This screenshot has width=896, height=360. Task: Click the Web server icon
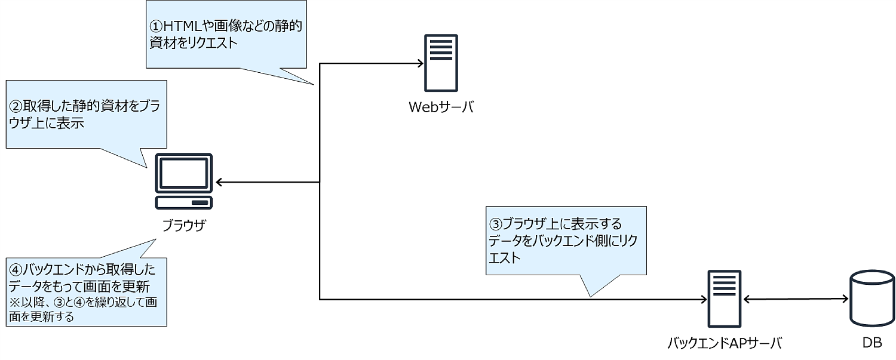[x=441, y=62]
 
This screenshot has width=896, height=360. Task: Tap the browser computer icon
[x=184, y=181]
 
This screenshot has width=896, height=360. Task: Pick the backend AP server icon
[x=725, y=298]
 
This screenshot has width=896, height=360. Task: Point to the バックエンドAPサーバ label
[x=725, y=343]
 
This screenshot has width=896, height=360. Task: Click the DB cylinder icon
[x=872, y=298]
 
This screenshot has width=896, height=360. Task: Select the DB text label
[x=872, y=343]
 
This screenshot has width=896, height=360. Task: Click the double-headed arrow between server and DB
[x=795, y=299]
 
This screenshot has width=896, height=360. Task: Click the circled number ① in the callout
[x=155, y=27]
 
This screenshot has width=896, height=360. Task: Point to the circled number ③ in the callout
[x=496, y=224]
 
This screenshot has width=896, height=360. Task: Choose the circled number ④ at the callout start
[x=15, y=266]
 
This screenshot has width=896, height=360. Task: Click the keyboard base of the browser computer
[x=184, y=203]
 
